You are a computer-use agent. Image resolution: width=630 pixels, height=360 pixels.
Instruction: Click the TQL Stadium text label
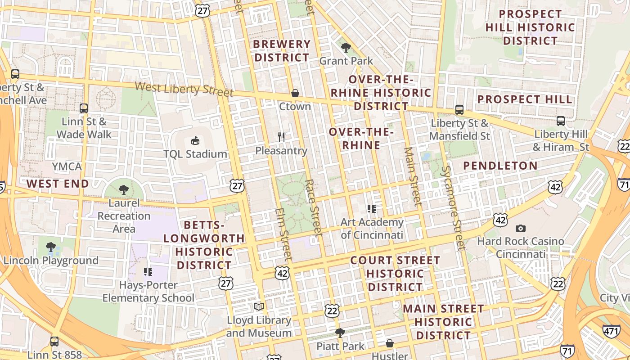195,154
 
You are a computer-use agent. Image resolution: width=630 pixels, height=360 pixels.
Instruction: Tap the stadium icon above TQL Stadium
195,140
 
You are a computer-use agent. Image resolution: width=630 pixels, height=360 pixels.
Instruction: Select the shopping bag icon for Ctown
295,93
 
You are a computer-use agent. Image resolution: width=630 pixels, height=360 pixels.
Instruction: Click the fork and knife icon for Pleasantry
281,137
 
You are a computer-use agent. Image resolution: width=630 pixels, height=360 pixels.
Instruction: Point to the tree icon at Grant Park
346,47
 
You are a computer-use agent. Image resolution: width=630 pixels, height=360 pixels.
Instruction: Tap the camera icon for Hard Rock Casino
521,228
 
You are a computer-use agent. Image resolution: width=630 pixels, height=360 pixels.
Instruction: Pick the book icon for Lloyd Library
259,306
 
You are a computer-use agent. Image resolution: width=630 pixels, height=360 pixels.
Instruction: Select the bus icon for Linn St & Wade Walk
84,108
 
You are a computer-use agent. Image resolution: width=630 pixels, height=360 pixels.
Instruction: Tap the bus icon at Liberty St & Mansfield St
459,109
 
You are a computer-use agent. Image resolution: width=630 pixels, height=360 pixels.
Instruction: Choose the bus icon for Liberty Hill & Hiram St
561,121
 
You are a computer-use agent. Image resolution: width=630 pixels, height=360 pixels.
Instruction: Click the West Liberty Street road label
184,89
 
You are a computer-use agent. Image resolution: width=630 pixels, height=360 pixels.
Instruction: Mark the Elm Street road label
283,234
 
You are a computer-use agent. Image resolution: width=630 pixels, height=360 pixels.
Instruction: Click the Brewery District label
282,51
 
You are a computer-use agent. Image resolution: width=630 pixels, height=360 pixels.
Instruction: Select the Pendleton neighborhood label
500,166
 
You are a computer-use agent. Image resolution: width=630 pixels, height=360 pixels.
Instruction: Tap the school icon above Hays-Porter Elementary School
148,271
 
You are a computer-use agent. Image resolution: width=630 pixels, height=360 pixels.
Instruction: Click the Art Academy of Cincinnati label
372,229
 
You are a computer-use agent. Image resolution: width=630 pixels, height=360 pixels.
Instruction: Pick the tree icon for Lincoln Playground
51,247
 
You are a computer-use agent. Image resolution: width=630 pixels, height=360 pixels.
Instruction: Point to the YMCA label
67,167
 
